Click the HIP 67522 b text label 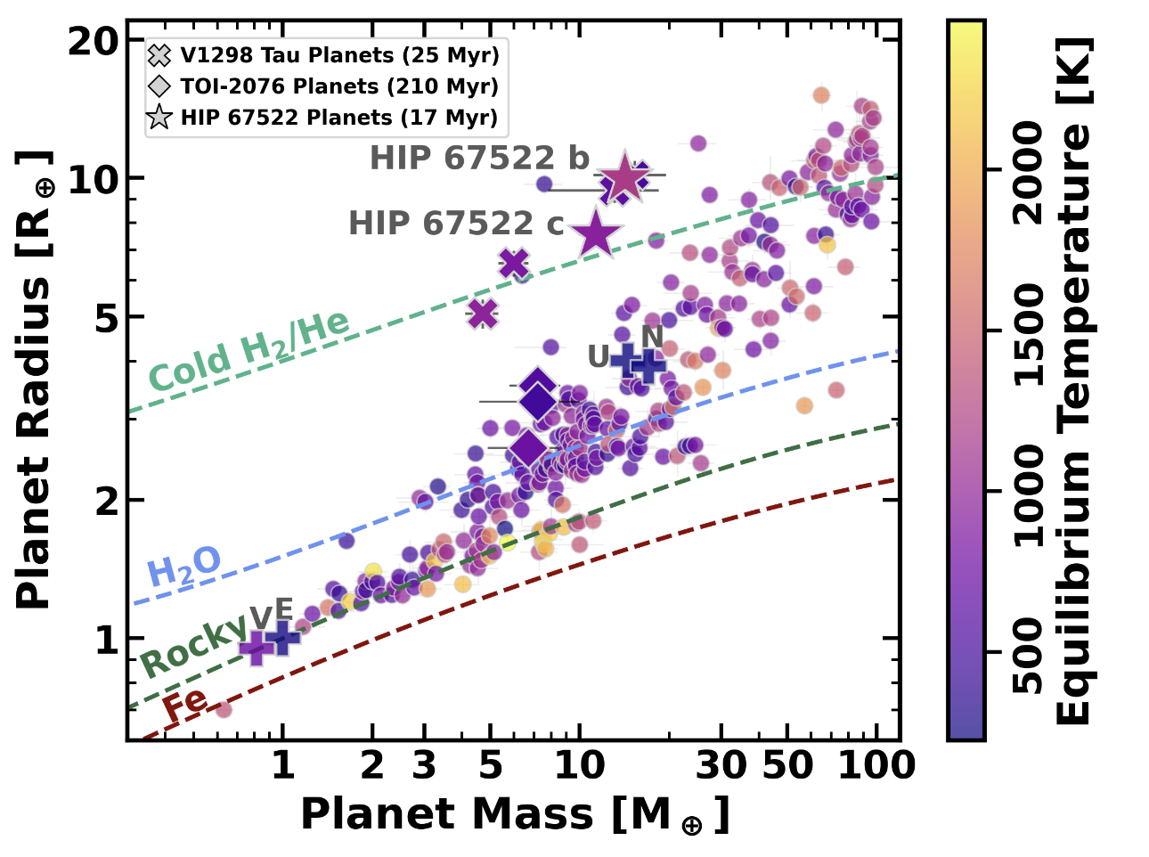[x=479, y=158]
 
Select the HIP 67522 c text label [x=456, y=223]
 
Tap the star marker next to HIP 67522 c [x=596, y=234]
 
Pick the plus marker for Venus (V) [x=256, y=648]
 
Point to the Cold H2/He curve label [x=249, y=349]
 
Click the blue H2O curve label [x=184, y=566]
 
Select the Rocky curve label [x=193, y=646]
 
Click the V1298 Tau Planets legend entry [x=323, y=55]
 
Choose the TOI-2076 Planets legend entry [x=323, y=86]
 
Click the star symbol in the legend [x=159, y=118]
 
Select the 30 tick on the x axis [x=721, y=733]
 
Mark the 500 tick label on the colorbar [x=1028, y=655]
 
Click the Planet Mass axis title [x=515, y=815]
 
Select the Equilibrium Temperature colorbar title [x=1073, y=381]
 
